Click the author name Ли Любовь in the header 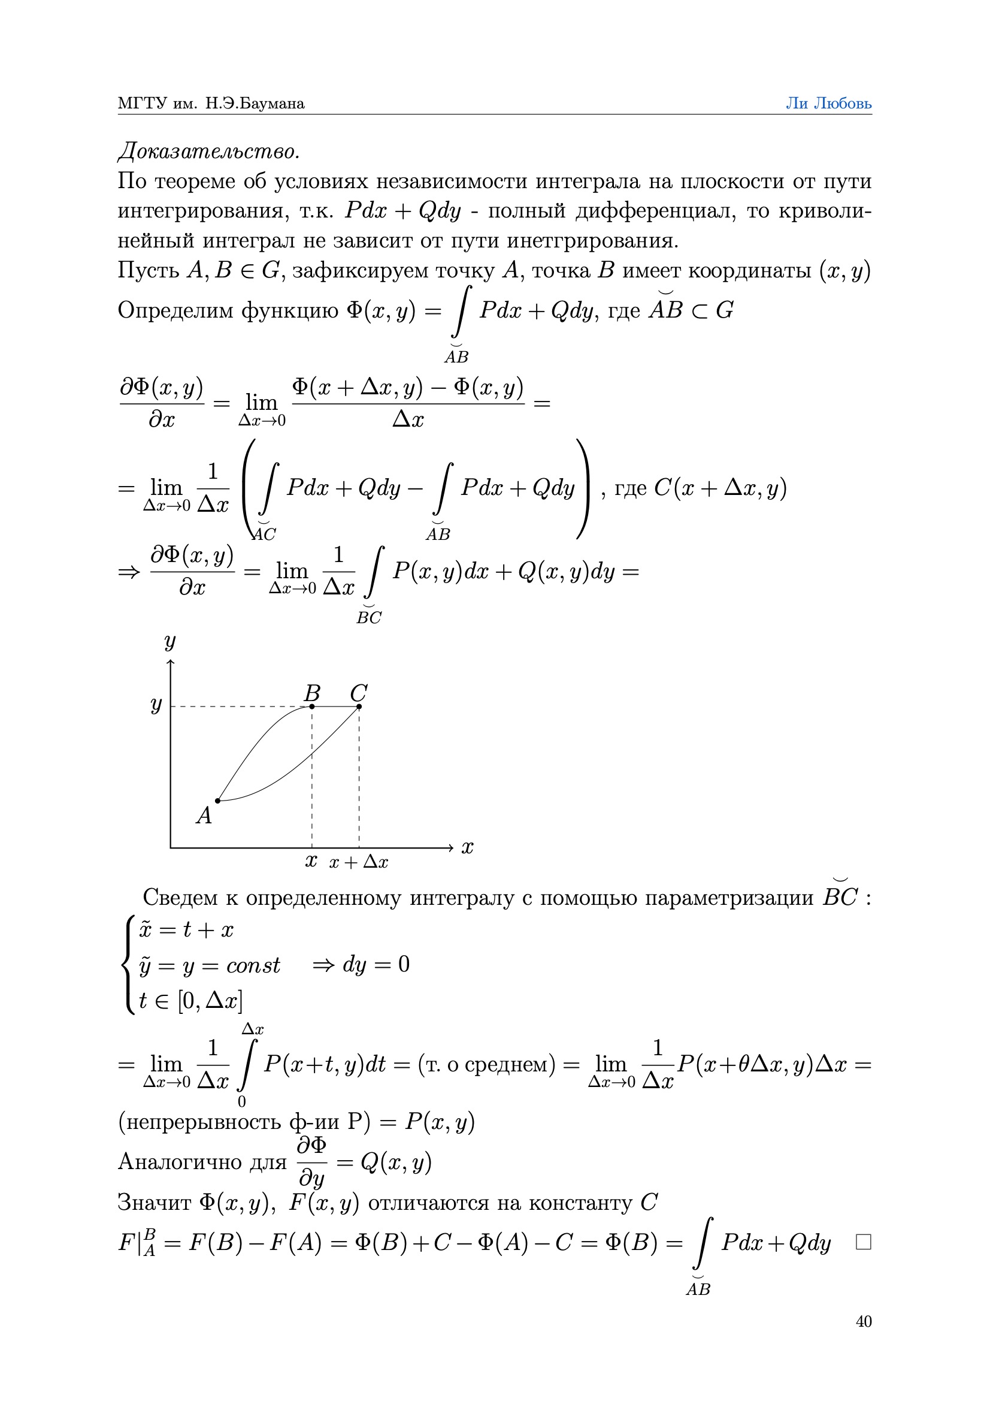click(x=828, y=104)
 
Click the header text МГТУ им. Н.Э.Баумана click(x=211, y=104)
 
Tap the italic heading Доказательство click(x=208, y=151)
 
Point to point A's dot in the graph click(x=218, y=801)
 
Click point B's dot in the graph click(x=312, y=706)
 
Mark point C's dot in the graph click(x=359, y=706)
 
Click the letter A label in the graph click(x=204, y=816)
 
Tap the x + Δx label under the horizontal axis click(x=359, y=862)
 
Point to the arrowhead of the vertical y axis click(x=171, y=663)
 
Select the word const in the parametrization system click(x=253, y=965)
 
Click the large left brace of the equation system click(x=128, y=965)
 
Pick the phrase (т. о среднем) click(x=487, y=1064)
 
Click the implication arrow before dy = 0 click(x=323, y=965)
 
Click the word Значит click(x=154, y=1202)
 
